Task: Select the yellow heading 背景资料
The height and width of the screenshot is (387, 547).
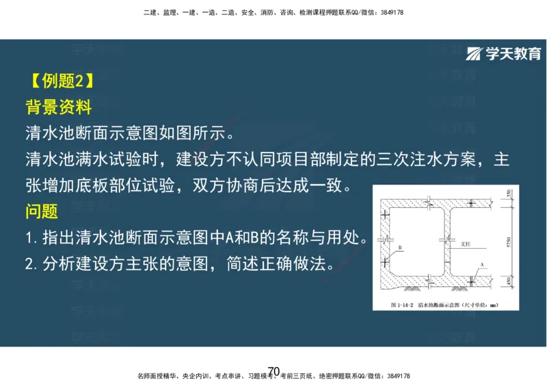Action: (x=58, y=108)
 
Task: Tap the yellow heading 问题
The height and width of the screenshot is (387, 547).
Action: (x=42, y=211)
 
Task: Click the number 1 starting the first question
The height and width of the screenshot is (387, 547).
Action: (x=29, y=239)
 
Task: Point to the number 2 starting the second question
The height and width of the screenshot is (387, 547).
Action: (x=29, y=264)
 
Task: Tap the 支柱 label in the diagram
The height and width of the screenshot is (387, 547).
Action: (x=468, y=243)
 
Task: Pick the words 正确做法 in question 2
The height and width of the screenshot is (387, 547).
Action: (x=300, y=264)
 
